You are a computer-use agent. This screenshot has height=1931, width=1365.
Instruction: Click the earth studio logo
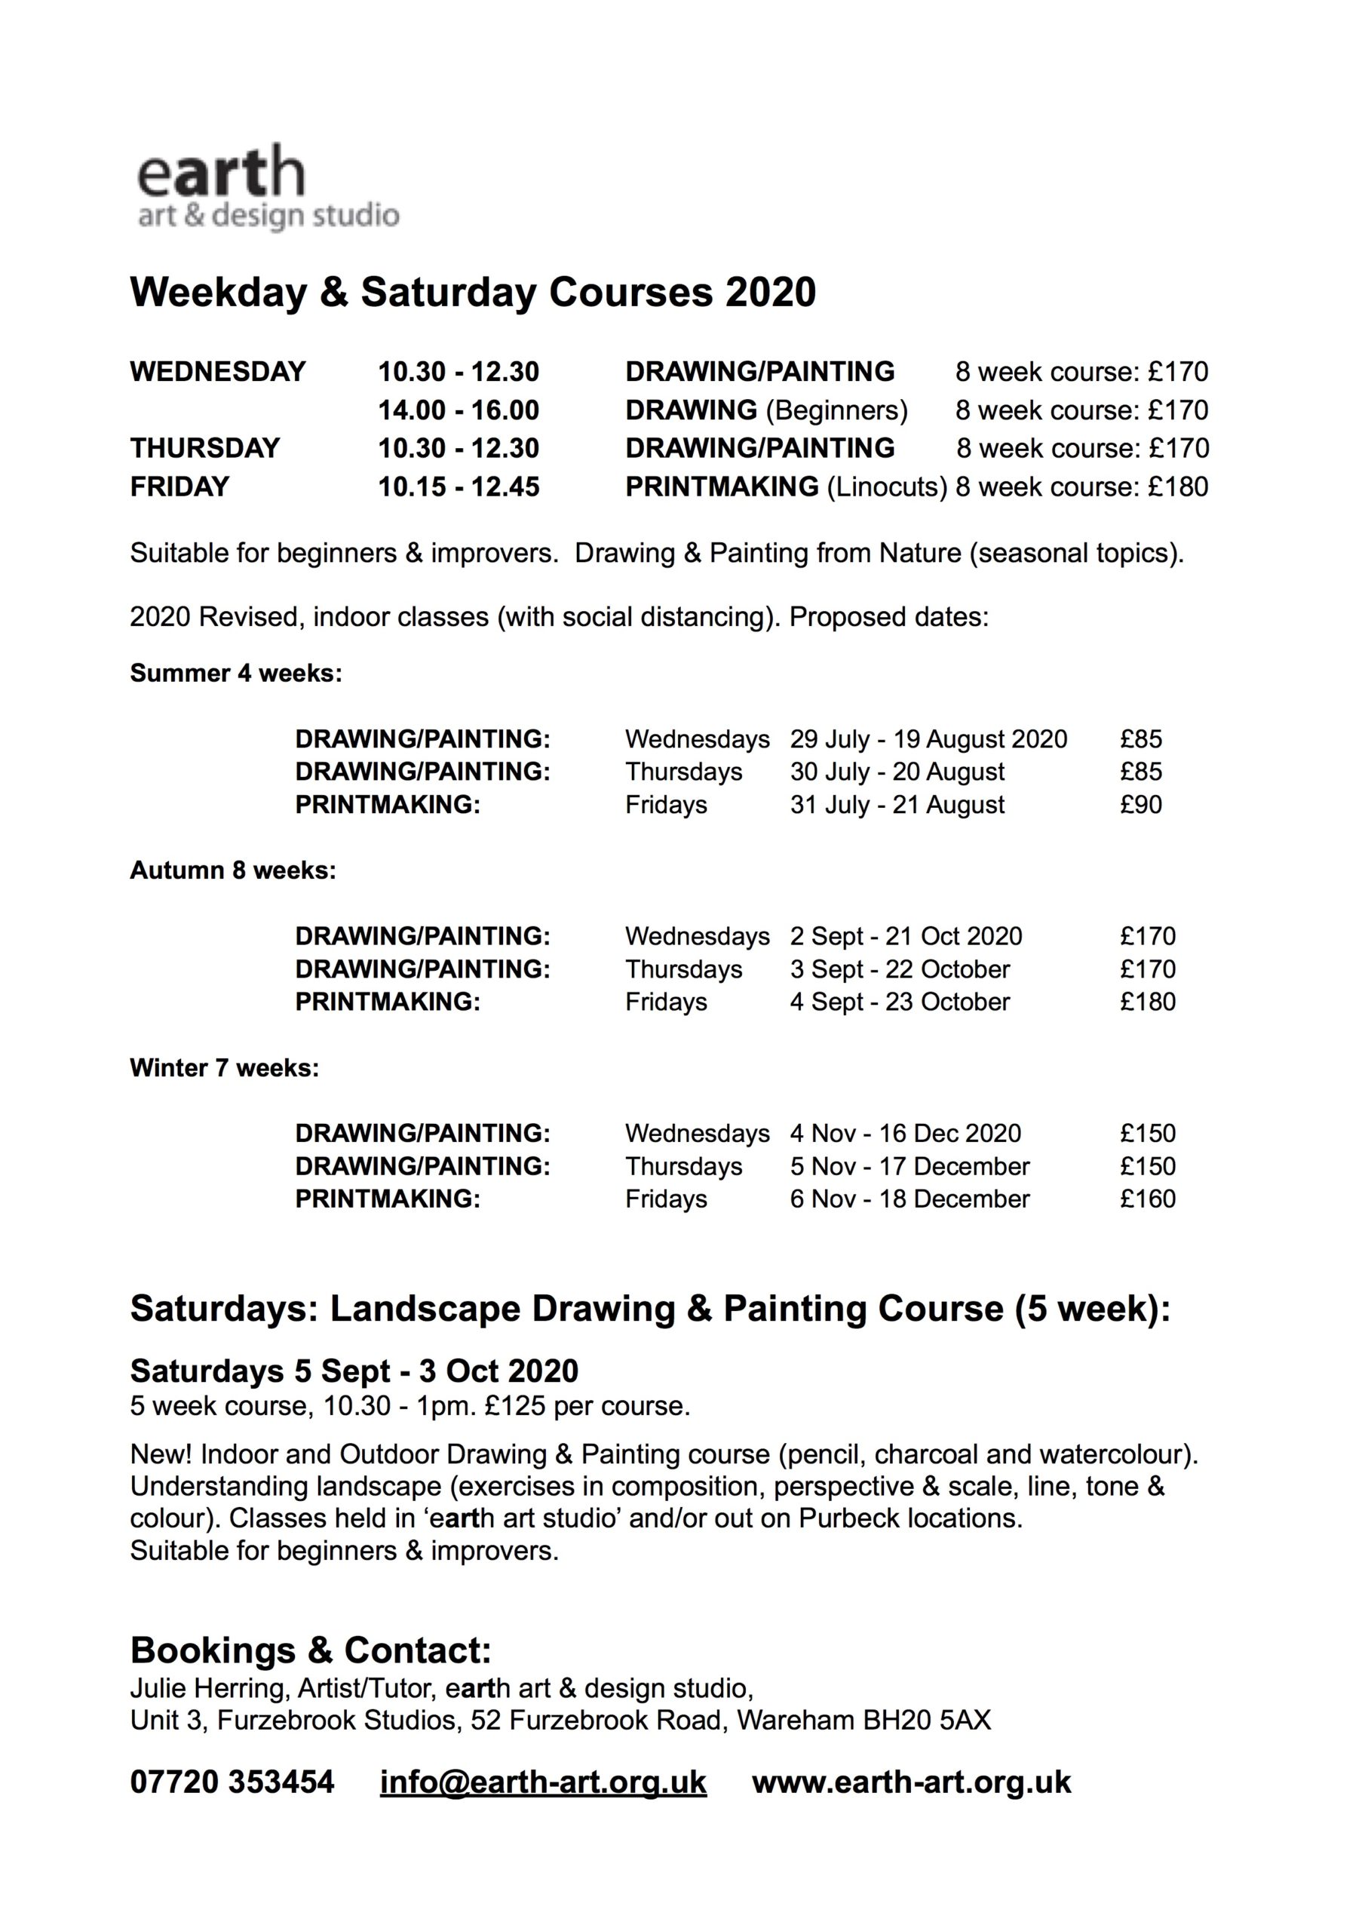coord(267,188)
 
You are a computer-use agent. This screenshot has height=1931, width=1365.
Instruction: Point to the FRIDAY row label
coord(179,487)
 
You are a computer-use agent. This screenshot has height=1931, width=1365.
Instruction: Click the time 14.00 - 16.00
coord(459,410)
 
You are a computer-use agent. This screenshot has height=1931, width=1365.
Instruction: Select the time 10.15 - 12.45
coord(459,487)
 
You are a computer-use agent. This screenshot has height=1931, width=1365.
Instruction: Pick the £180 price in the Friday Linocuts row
coord(1177,487)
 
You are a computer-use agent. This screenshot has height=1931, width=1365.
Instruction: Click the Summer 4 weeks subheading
coord(236,674)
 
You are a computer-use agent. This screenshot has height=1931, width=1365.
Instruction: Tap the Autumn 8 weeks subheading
coord(233,870)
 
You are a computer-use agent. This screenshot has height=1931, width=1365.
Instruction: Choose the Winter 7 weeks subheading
coord(225,1068)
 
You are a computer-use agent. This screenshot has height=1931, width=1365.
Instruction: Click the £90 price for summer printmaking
coord(1140,805)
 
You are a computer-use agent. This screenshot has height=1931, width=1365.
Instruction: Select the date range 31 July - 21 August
coord(897,805)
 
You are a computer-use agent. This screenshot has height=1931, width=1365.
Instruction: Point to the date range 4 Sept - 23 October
coord(899,1002)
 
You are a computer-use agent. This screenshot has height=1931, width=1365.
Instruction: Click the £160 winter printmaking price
coord(1147,1199)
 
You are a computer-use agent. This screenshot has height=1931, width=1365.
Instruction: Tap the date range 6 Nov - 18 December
coord(909,1199)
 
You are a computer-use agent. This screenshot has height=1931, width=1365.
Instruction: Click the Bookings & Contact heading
coord(311,1651)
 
